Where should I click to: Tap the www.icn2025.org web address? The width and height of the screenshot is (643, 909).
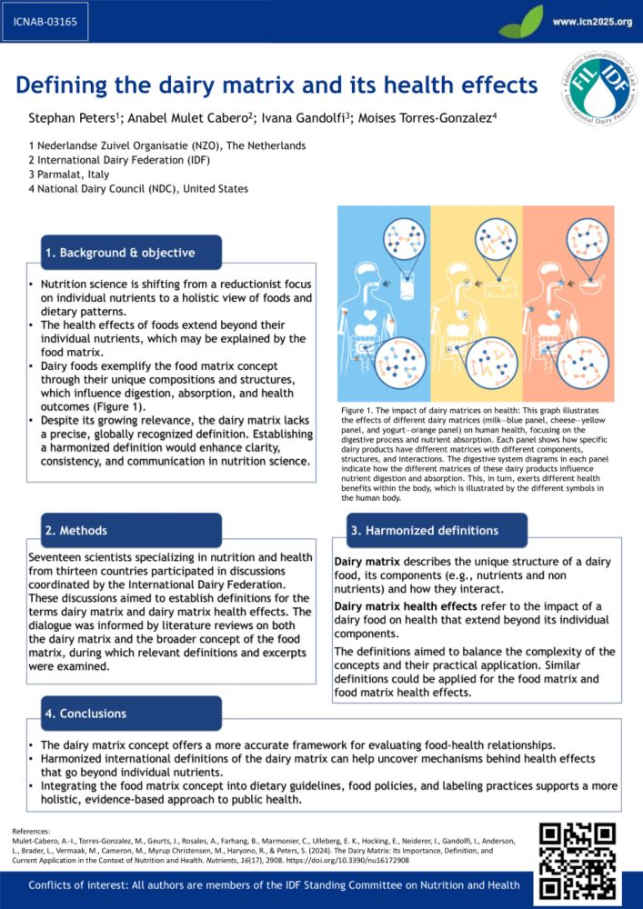click(592, 21)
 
